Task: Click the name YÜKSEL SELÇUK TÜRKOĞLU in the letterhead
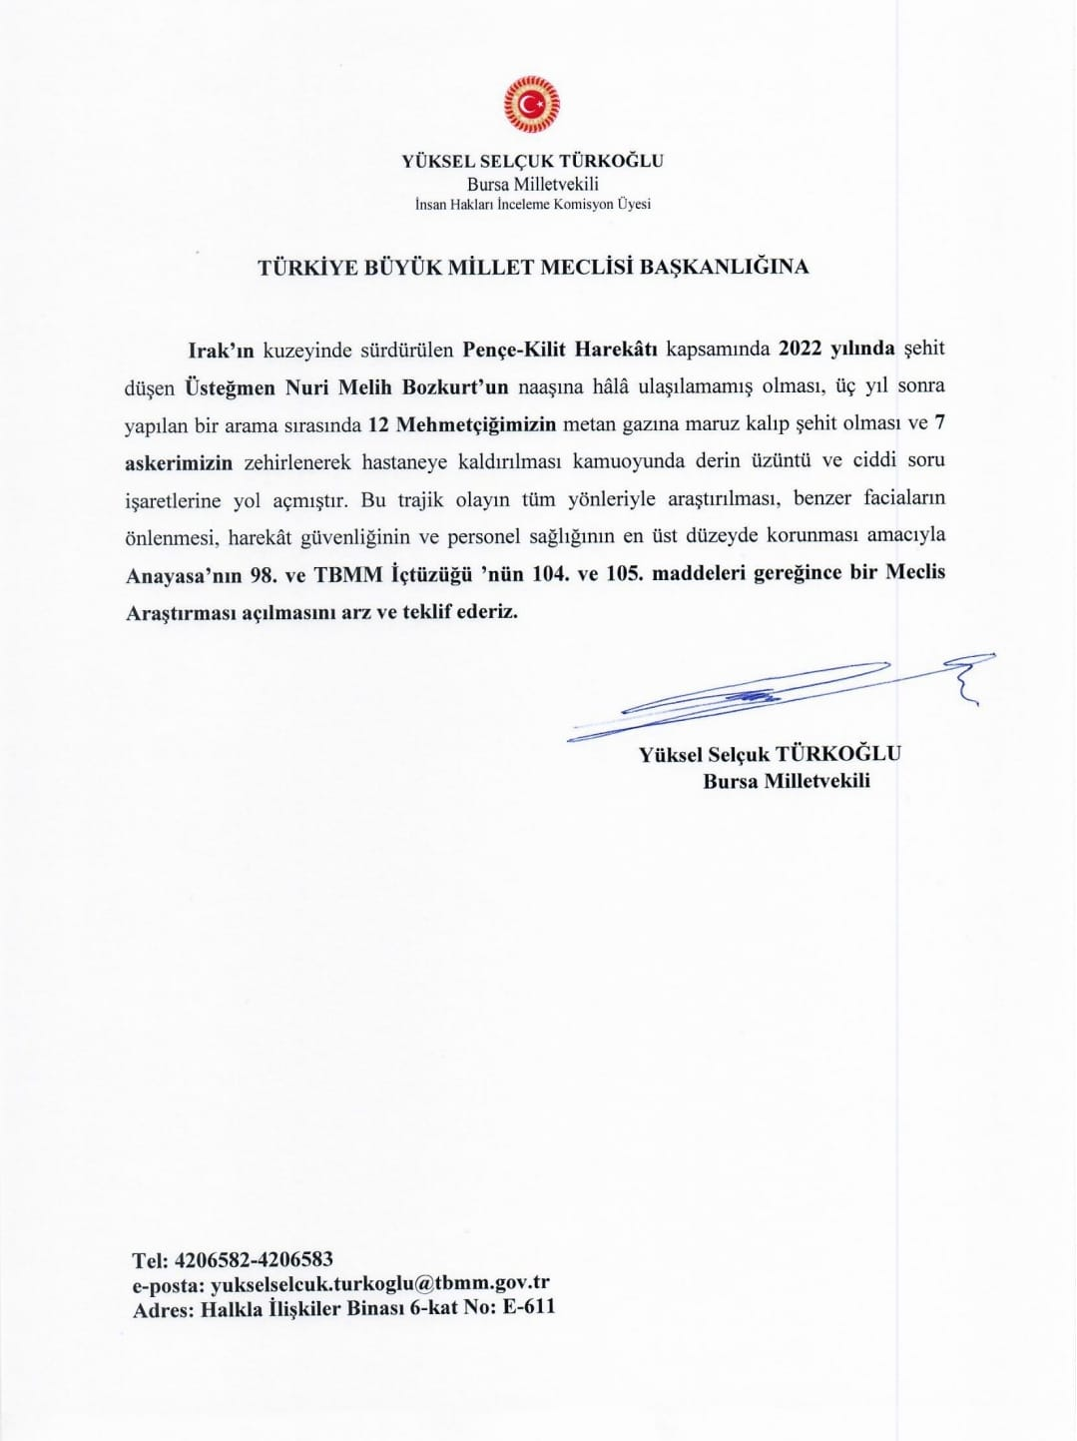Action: coord(532,161)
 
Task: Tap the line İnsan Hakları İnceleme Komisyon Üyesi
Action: coord(532,205)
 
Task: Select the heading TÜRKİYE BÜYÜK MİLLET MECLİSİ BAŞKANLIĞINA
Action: coord(533,268)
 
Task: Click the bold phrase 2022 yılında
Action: coord(836,349)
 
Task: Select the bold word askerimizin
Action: coord(179,461)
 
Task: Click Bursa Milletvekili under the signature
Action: coord(787,781)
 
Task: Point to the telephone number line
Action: coord(233,1260)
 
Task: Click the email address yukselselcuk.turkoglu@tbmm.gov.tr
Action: coord(380,1284)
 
